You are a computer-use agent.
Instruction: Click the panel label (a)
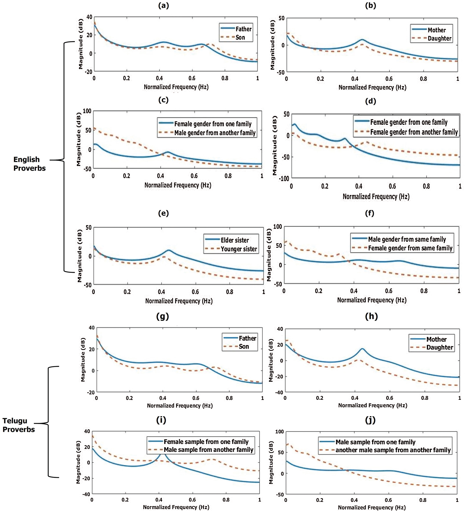click(164, 6)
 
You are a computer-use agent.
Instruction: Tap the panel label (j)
click(370, 420)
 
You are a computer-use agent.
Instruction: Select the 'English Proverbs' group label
click(29, 164)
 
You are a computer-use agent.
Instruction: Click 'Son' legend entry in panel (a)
click(240, 37)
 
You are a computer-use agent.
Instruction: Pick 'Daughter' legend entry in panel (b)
click(439, 38)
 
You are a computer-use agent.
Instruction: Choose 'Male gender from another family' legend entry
click(215, 133)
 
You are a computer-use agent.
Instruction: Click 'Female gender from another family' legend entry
click(414, 132)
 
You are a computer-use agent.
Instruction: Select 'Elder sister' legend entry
click(235, 240)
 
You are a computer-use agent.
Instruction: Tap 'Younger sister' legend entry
click(239, 249)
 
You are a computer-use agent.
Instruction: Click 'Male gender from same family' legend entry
click(407, 239)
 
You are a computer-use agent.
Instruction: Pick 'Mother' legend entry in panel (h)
click(436, 339)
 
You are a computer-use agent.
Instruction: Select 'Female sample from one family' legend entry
click(206, 442)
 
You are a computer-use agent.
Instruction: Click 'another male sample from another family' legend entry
click(393, 450)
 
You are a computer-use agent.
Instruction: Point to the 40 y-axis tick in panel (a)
click(89, 17)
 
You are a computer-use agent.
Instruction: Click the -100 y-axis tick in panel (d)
click(284, 178)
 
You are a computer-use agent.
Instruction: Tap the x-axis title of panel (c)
click(178, 185)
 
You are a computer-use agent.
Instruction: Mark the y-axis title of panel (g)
click(83, 360)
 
